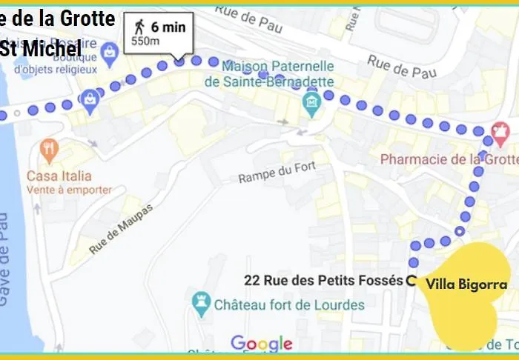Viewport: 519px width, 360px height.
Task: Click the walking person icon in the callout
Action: point(139,27)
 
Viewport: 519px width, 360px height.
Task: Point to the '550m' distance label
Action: point(145,41)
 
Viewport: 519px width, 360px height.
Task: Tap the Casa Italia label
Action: point(59,176)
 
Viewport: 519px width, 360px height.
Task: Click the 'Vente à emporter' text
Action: point(68,190)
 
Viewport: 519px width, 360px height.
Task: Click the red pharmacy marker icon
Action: point(500,132)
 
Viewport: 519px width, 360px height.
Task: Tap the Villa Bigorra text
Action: point(467,284)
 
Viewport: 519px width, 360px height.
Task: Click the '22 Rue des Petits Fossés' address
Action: point(323,281)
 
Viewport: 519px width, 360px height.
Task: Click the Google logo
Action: point(261,344)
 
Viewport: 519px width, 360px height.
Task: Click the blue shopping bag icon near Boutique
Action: point(110,52)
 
